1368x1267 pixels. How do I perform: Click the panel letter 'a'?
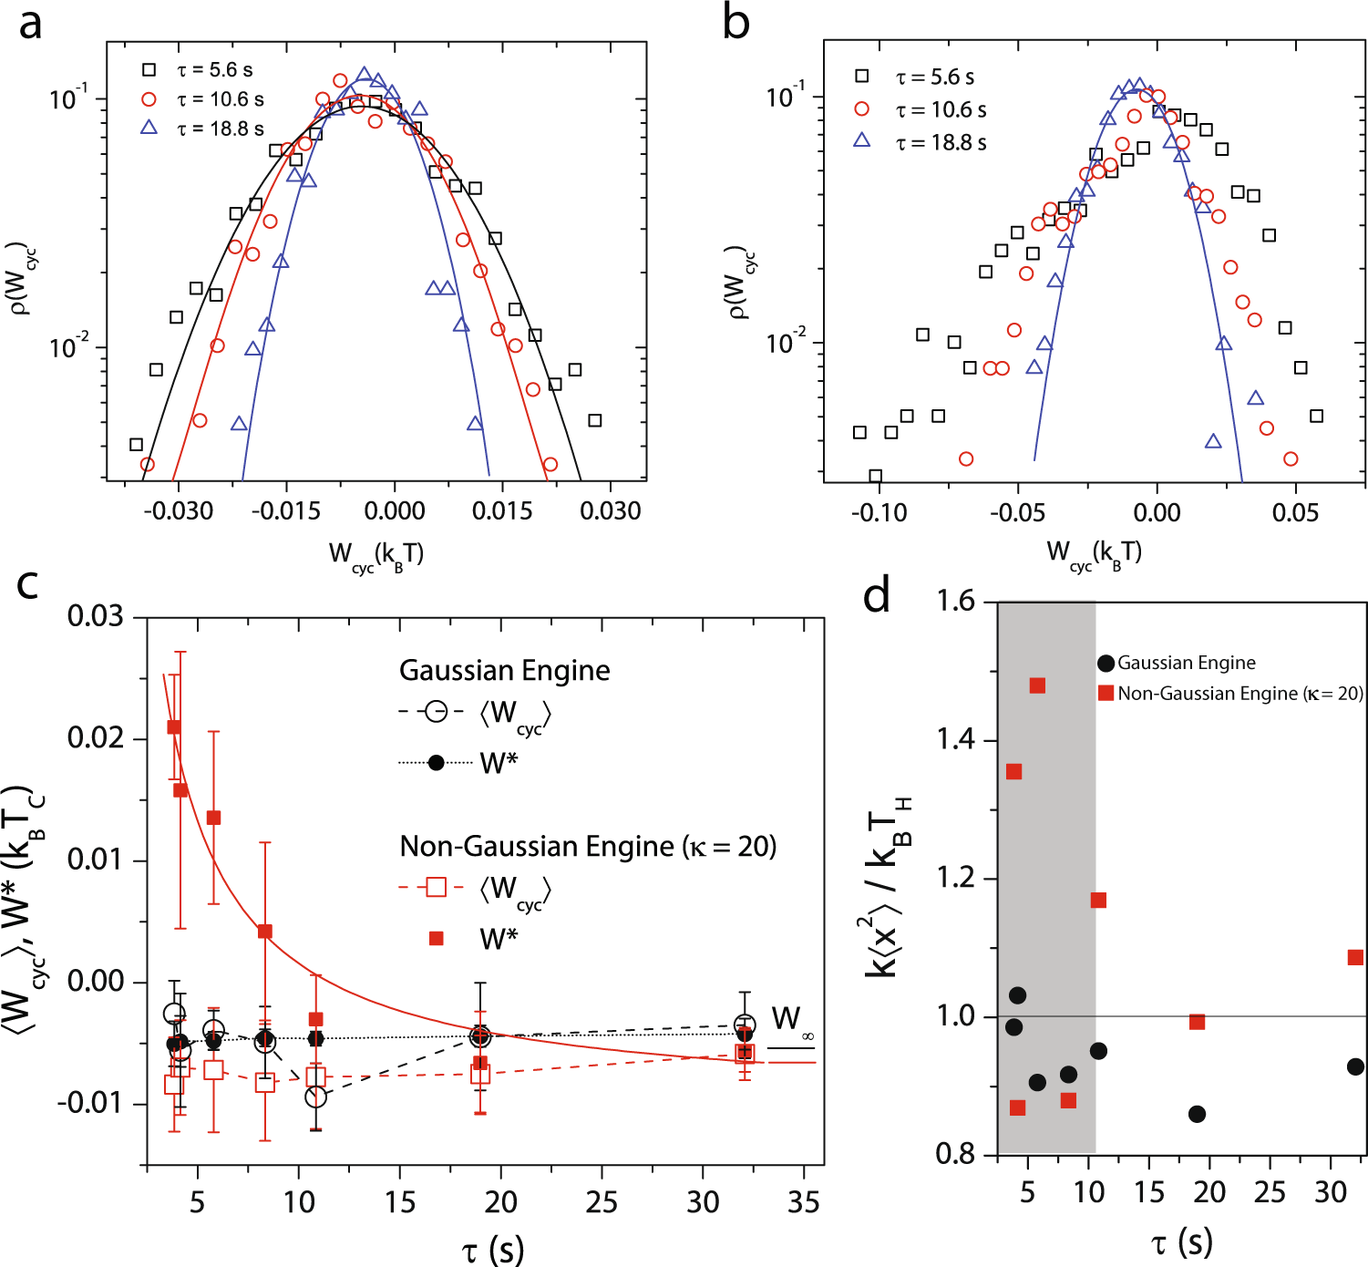30,24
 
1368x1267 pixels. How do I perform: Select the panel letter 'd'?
877,597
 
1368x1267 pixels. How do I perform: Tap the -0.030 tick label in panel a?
179,510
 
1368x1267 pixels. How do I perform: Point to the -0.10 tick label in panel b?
879,512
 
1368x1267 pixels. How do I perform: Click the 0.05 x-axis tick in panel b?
1295,512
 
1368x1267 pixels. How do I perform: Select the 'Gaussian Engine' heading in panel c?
504,671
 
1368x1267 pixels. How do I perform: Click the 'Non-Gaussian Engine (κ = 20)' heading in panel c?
588,847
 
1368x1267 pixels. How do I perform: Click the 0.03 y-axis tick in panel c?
96,616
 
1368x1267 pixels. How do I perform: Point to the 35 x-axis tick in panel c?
803,1203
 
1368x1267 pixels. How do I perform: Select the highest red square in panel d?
1037,685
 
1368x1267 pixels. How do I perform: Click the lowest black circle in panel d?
1198,1114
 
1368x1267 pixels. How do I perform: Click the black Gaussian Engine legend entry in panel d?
1176,663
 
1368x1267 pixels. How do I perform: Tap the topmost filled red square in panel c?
174,726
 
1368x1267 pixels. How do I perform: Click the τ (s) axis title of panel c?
492,1249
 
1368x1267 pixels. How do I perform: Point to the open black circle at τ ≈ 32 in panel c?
745,1025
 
